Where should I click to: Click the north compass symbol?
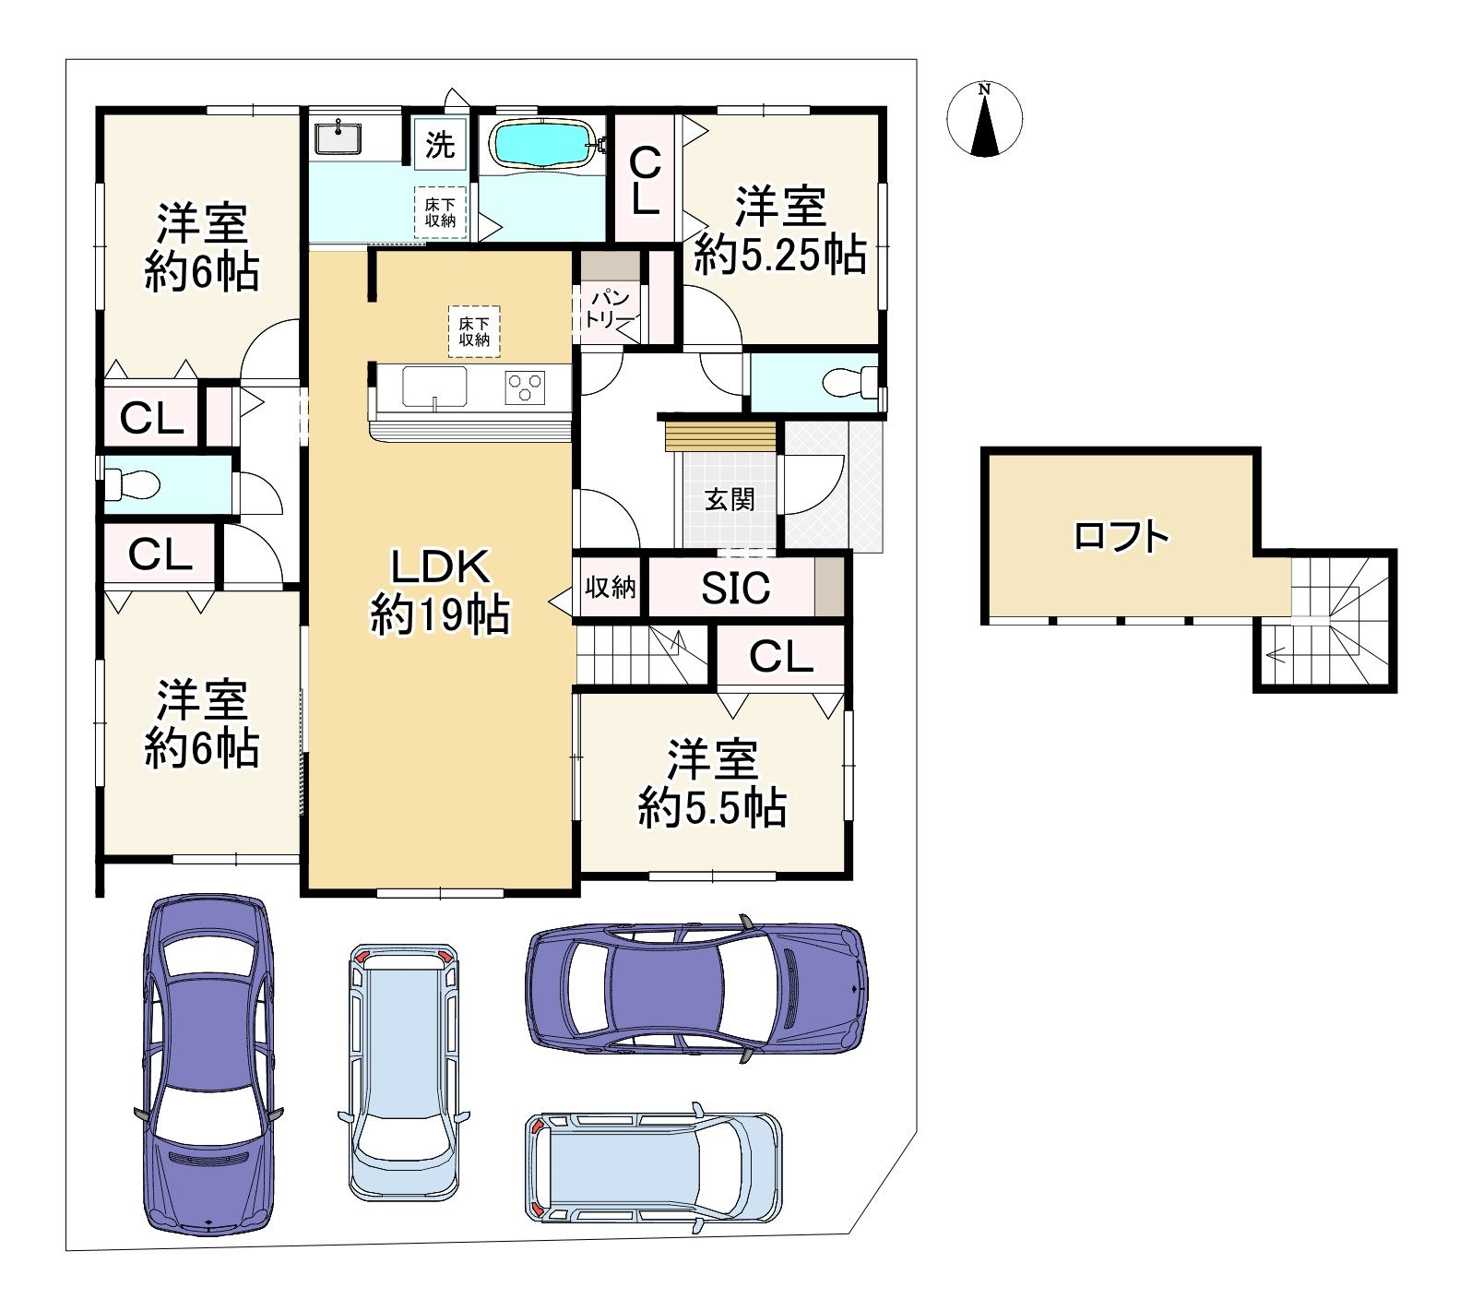click(x=985, y=119)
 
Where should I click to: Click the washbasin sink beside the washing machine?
click(x=340, y=137)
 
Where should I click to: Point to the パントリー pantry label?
click(x=610, y=309)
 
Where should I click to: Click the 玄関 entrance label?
click(x=730, y=499)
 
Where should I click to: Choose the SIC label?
click(x=736, y=588)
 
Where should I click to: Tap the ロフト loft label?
click(x=1122, y=536)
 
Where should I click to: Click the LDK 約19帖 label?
click(x=440, y=590)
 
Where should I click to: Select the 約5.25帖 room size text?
click(x=780, y=254)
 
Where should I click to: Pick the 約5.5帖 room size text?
click(x=713, y=807)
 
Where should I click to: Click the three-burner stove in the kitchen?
click(x=525, y=386)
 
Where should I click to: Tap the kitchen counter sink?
click(x=433, y=387)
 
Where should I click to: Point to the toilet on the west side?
click(x=133, y=483)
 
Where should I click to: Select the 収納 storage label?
click(x=610, y=587)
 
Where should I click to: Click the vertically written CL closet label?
click(x=645, y=182)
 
